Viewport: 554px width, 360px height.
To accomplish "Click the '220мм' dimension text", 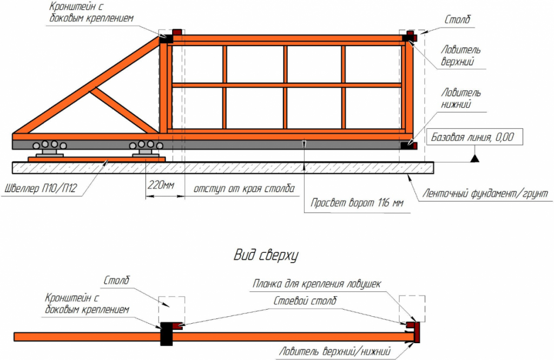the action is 161,185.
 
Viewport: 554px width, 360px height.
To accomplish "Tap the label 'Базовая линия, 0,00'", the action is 472,137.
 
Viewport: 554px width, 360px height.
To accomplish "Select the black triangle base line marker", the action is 475,158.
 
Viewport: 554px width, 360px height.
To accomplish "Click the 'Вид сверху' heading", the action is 266,256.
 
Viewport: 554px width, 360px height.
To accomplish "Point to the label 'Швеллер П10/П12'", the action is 40,188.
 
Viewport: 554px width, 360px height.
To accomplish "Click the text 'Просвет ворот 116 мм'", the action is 357,203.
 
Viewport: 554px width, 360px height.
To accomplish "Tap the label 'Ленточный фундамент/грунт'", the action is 485,193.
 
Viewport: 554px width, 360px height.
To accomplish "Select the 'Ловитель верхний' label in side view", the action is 461,56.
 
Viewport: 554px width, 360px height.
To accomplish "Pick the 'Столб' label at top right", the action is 457,19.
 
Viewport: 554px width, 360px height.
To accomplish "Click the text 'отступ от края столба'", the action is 244,188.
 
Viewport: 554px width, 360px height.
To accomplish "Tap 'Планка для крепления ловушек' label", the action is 316,284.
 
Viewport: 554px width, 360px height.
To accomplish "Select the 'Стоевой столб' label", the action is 305,301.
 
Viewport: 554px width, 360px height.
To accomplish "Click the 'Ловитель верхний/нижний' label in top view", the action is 335,351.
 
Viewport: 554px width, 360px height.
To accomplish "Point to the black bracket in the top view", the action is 167,333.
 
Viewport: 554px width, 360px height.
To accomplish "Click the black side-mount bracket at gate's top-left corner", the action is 166,38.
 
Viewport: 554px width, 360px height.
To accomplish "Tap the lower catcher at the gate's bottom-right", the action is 409,145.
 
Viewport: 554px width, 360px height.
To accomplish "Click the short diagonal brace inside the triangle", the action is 124,110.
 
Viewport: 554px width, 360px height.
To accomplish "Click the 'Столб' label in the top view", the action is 117,281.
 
